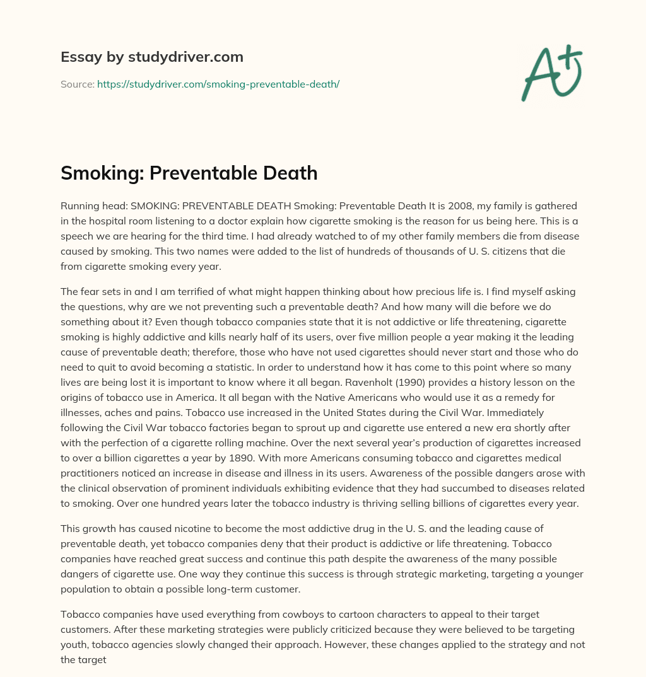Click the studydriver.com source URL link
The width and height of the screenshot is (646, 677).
(x=218, y=84)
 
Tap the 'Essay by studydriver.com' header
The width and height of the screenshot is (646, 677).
(x=151, y=57)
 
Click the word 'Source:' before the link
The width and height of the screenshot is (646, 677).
(x=77, y=84)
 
